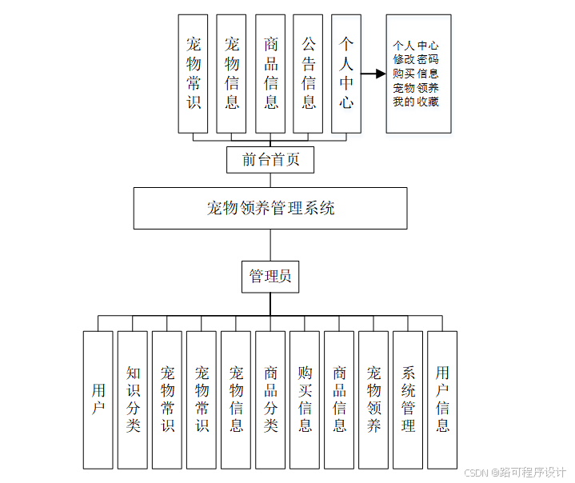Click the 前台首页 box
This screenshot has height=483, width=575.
(270, 159)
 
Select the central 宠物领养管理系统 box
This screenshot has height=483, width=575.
(270, 209)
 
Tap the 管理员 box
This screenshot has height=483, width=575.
(270, 277)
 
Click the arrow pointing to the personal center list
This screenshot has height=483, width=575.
(373, 74)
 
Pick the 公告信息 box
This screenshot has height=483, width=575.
(308, 73)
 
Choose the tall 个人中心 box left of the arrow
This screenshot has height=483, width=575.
(345, 73)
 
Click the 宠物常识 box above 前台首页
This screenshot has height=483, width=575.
(193, 73)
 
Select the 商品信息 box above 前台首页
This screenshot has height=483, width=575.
(270, 73)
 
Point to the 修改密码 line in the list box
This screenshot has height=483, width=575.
(415, 59)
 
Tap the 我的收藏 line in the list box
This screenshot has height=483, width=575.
(415, 102)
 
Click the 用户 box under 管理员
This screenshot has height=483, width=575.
(98, 399)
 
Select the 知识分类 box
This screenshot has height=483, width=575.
(133, 399)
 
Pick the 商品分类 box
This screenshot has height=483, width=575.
(270, 399)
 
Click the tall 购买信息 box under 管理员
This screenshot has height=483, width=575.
(305, 399)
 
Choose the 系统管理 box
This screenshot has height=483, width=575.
(408, 399)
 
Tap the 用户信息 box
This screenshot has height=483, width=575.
(442, 399)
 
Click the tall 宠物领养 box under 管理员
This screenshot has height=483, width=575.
(373, 399)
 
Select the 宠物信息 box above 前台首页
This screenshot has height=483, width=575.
(231, 73)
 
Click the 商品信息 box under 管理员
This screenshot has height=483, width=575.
(339, 399)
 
